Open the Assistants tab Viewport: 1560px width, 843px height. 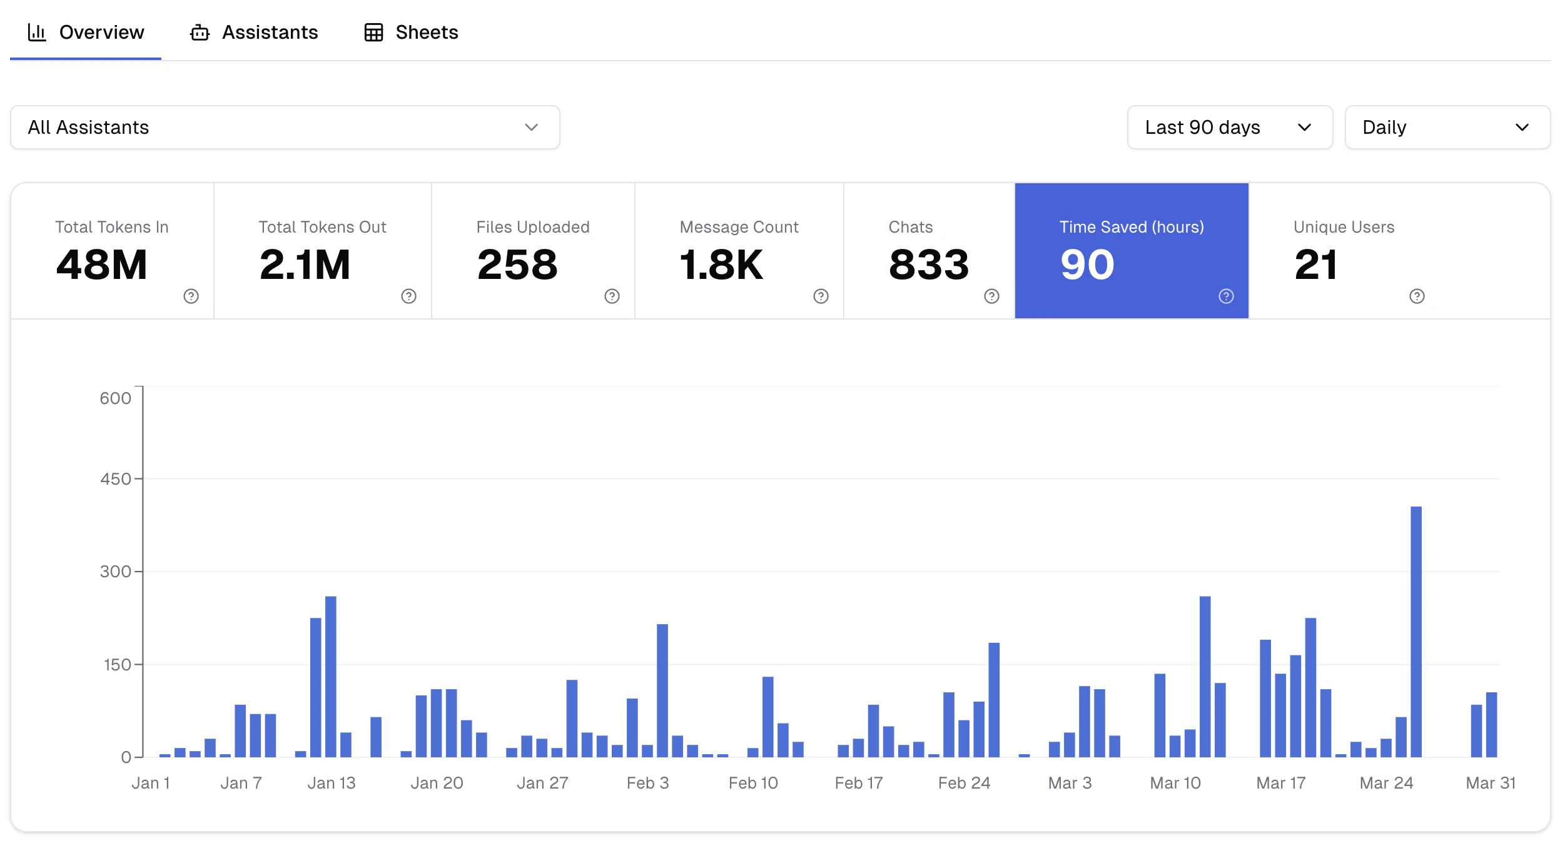(x=255, y=33)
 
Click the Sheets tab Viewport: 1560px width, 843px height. (x=412, y=33)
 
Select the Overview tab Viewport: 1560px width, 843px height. (x=86, y=33)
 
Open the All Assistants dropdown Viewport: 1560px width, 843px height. (x=285, y=128)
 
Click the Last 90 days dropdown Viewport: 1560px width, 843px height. (x=1229, y=128)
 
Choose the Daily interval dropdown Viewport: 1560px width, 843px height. (x=1446, y=128)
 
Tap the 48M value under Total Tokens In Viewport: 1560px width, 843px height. (x=102, y=265)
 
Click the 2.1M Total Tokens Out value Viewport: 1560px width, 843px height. (x=305, y=265)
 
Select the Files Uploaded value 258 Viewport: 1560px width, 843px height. (x=517, y=265)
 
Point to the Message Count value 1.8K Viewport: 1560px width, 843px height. (x=721, y=265)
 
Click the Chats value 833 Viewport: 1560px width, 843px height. (x=929, y=265)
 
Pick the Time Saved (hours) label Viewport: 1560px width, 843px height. (x=1131, y=227)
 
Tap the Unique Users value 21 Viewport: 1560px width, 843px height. (x=1316, y=265)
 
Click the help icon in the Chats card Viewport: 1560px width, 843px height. (x=991, y=296)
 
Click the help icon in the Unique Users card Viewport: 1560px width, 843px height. (x=1417, y=296)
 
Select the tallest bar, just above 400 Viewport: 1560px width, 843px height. (x=1416, y=632)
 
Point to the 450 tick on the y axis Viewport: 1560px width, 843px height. (x=116, y=479)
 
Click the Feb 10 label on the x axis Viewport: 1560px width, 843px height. (x=753, y=783)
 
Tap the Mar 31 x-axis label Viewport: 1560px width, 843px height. (x=1491, y=783)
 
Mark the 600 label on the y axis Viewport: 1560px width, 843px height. (x=116, y=398)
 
